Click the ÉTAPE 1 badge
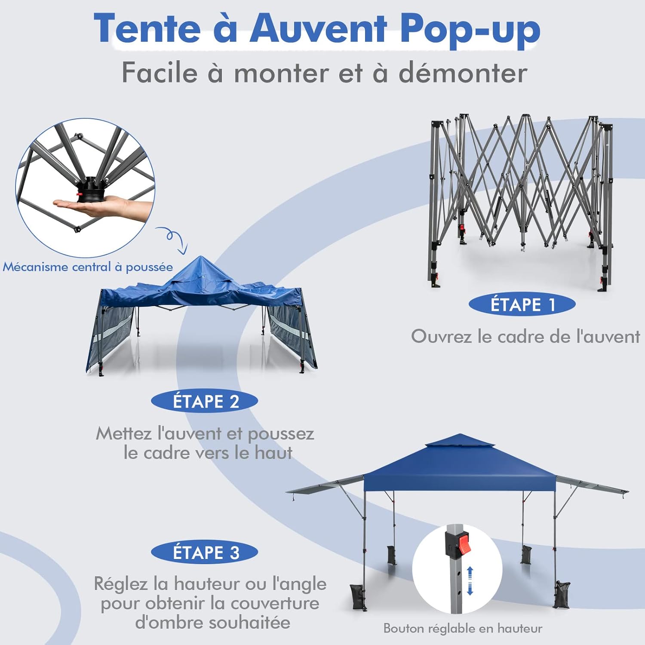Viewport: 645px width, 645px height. click(x=522, y=304)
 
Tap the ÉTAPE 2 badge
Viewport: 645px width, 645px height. click(x=205, y=401)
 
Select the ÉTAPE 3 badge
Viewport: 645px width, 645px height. click(x=205, y=552)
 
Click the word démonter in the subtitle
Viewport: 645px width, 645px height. click(x=463, y=73)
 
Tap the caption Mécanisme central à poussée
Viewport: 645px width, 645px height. click(x=88, y=267)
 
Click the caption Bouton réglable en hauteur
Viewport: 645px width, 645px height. click(x=463, y=629)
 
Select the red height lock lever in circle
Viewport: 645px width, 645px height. click(x=463, y=544)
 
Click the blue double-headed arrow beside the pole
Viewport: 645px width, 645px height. click(x=470, y=580)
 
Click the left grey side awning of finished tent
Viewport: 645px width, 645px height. click(x=325, y=485)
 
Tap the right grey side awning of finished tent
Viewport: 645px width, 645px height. click(x=592, y=484)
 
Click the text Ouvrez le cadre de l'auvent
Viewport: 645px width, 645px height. click(x=525, y=336)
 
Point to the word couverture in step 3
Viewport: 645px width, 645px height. click(x=275, y=603)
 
